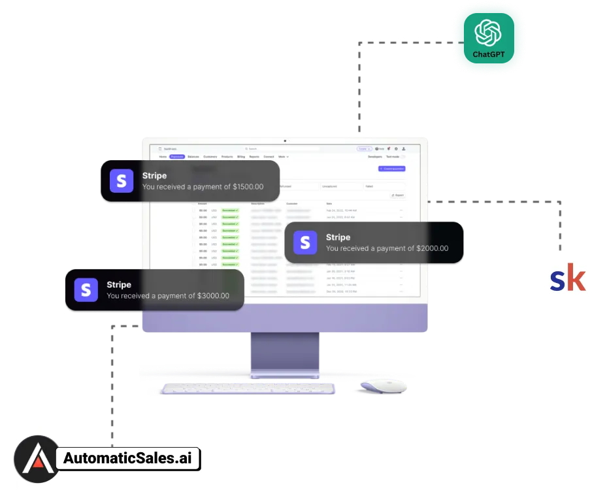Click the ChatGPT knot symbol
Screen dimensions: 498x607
[x=489, y=33]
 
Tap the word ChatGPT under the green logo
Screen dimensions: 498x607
[x=489, y=55]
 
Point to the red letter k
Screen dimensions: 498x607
[x=577, y=279]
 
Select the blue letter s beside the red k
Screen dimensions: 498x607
[x=557, y=281]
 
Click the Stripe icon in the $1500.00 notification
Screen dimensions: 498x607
[x=122, y=181]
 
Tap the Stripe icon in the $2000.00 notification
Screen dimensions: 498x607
[x=305, y=242]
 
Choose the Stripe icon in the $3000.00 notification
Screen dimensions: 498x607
[x=86, y=290]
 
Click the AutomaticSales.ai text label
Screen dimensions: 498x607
[x=128, y=459]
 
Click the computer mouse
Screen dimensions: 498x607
[x=380, y=387]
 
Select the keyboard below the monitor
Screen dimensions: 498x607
[x=248, y=388]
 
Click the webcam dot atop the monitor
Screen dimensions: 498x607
[x=285, y=141]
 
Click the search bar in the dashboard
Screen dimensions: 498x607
[x=281, y=149]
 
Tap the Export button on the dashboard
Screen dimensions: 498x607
[x=397, y=195]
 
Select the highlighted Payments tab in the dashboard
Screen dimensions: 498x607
[x=177, y=157]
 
